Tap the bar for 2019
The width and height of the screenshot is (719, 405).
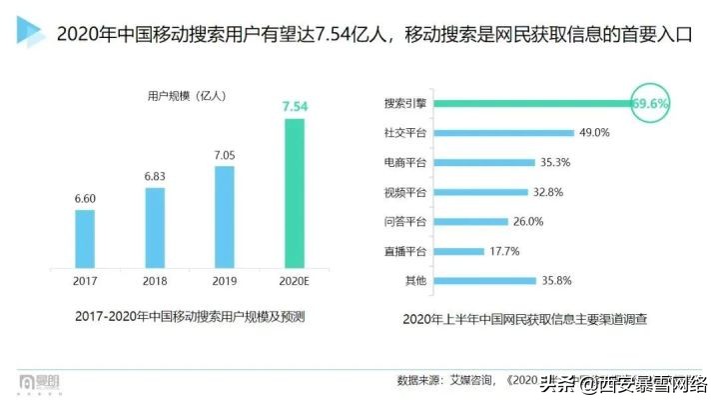tap(225, 215)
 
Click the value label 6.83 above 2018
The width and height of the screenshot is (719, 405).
tap(155, 176)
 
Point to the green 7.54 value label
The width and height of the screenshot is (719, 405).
tap(295, 106)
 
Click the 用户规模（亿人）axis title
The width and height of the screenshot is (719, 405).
tap(187, 96)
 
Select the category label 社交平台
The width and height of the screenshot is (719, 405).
tap(405, 132)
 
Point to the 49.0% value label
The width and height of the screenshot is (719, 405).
tap(594, 132)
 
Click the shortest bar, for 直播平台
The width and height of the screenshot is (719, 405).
tap(459, 251)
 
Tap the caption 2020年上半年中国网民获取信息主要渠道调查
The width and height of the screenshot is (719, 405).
tap(524, 320)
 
